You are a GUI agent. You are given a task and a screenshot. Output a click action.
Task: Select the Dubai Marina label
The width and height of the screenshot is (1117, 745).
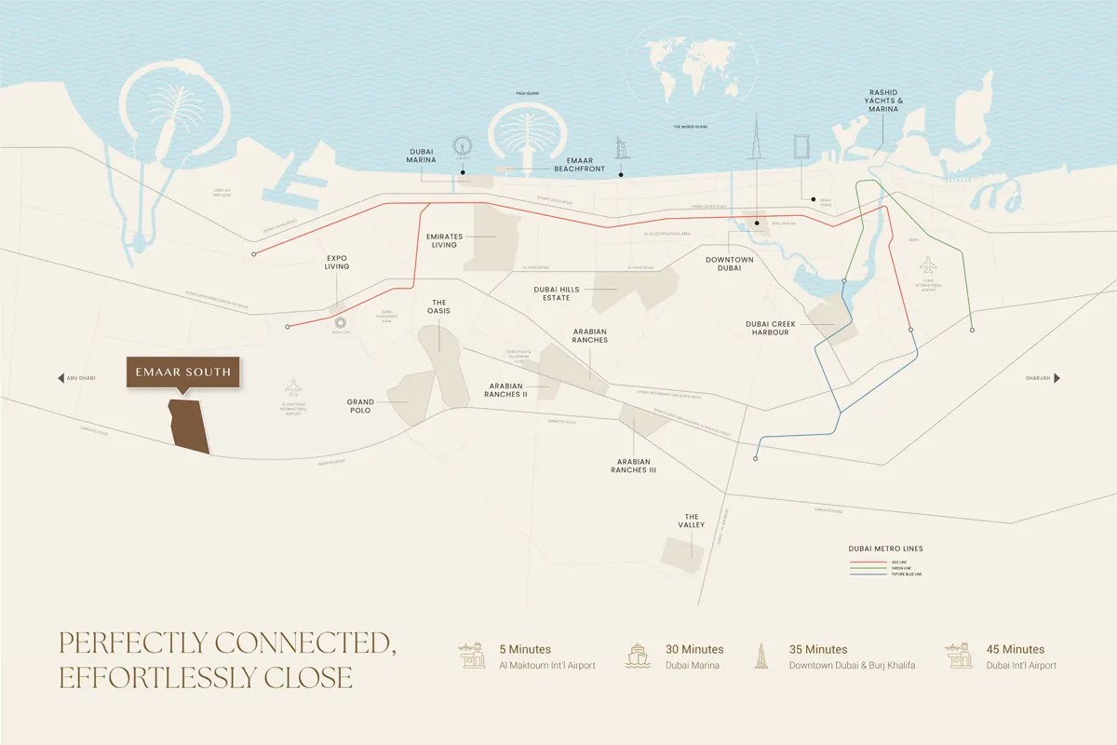click(x=422, y=155)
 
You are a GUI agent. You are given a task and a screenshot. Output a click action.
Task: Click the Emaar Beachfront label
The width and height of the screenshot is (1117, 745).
click(x=579, y=165)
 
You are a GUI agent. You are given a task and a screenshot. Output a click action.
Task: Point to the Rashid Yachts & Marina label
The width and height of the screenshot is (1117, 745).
click(x=883, y=101)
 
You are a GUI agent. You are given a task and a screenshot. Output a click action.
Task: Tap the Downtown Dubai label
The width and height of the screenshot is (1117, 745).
click(x=729, y=263)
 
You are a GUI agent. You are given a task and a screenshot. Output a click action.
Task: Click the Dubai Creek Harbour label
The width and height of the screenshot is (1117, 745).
click(x=767, y=328)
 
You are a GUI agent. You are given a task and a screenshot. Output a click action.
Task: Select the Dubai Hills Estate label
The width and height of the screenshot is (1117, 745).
click(x=557, y=294)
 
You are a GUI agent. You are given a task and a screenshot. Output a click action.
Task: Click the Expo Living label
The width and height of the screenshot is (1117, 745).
click(x=337, y=262)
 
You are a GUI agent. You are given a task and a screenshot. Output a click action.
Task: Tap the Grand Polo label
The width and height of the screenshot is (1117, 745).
click(x=360, y=407)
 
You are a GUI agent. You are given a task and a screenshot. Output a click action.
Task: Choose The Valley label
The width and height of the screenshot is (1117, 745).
click(x=692, y=521)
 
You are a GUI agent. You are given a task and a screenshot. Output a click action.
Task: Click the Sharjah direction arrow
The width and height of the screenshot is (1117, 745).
click(x=1056, y=378)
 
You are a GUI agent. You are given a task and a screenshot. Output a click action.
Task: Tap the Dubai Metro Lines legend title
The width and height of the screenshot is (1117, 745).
click(x=885, y=549)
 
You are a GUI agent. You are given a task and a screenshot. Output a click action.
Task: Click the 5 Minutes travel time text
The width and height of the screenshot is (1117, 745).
click(x=525, y=649)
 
